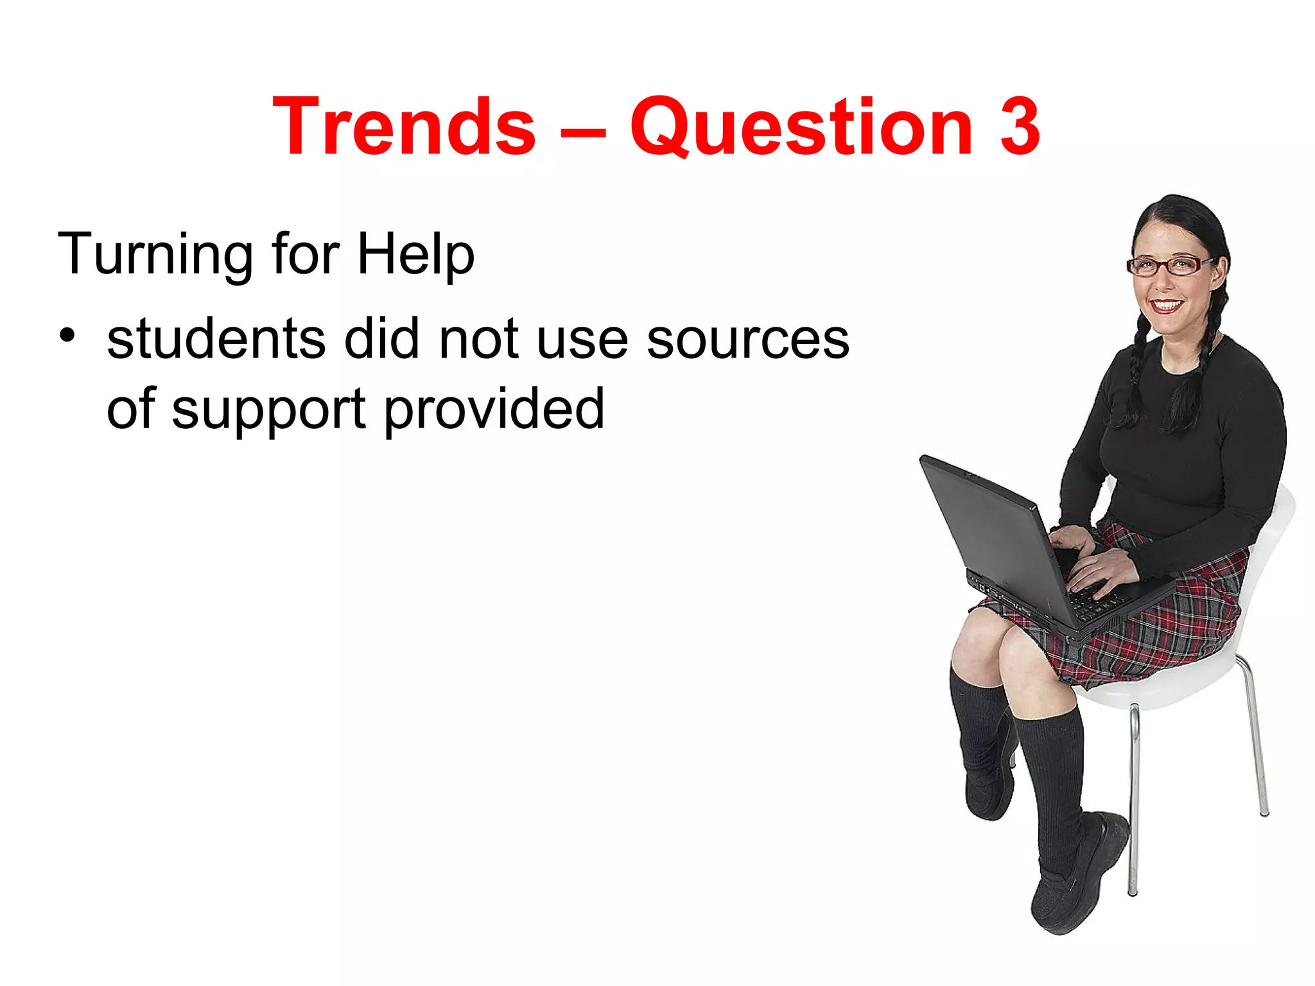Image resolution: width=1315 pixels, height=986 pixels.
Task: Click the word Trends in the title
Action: click(404, 126)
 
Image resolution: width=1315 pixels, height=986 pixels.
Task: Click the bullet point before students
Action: click(67, 334)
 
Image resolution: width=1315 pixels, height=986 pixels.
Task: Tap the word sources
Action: click(747, 339)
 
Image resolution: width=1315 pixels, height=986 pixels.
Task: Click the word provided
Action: click(494, 410)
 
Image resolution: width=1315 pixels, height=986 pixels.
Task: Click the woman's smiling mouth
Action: click(1165, 306)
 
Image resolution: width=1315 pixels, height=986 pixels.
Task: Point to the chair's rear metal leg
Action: click(1256, 738)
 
